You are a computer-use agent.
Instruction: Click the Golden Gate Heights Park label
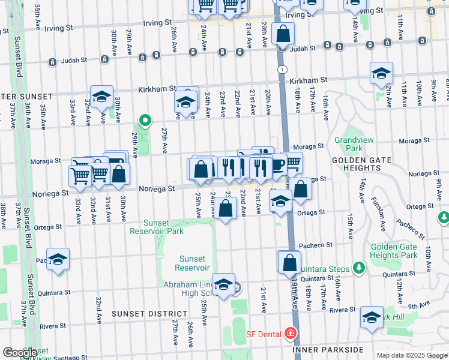(394, 251)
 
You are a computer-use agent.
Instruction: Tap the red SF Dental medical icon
(291, 333)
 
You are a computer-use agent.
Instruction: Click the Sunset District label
(149, 314)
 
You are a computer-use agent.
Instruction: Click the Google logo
(20, 353)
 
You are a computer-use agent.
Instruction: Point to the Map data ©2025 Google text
(411, 355)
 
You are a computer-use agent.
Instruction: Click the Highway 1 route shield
(282, 70)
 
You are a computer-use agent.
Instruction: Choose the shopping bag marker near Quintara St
(289, 262)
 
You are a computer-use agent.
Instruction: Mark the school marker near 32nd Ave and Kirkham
(102, 97)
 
